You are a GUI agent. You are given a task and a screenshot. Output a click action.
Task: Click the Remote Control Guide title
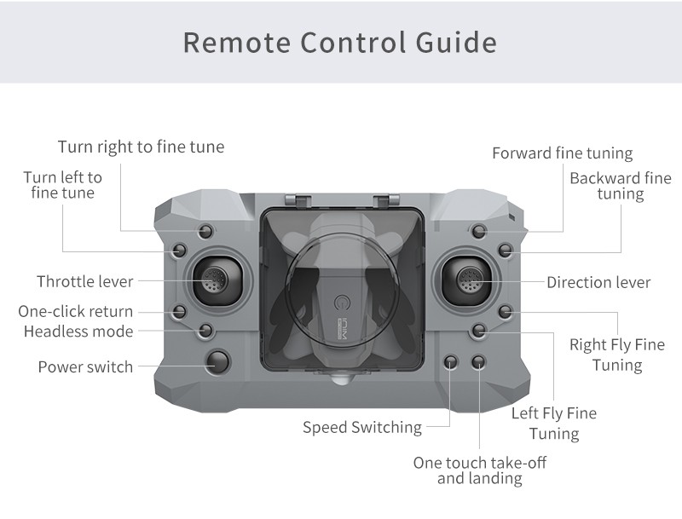click(x=339, y=42)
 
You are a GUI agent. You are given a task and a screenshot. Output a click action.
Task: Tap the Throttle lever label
click(x=84, y=281)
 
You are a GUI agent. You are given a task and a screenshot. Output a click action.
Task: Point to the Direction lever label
click(x=598, y=282)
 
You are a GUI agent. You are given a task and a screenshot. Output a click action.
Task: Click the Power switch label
click(x=85, y=366)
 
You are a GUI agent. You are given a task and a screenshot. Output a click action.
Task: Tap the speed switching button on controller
click(x=452, y=362)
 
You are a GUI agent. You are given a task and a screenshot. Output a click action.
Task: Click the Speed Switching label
click(x=362, y=427)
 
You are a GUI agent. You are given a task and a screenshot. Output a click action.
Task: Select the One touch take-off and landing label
click(x=480, y=470)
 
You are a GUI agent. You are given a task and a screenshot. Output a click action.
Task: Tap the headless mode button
click(x=205, y=330)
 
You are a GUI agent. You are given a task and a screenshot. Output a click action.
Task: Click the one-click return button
click(x=180, y=311)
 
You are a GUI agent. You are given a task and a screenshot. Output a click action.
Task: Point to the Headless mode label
click(x=78, y=331)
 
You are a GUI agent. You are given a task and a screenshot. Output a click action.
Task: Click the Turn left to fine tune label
click(x=62, y=185)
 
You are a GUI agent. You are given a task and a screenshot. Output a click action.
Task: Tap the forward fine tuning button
click(x=479, y=231)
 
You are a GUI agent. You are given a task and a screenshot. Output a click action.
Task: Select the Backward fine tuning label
click(x=621, y=186)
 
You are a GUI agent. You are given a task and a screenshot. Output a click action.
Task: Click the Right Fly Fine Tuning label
click(x=617, y=355)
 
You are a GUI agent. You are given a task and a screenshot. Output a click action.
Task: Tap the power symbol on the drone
click(x=344, y=303)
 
